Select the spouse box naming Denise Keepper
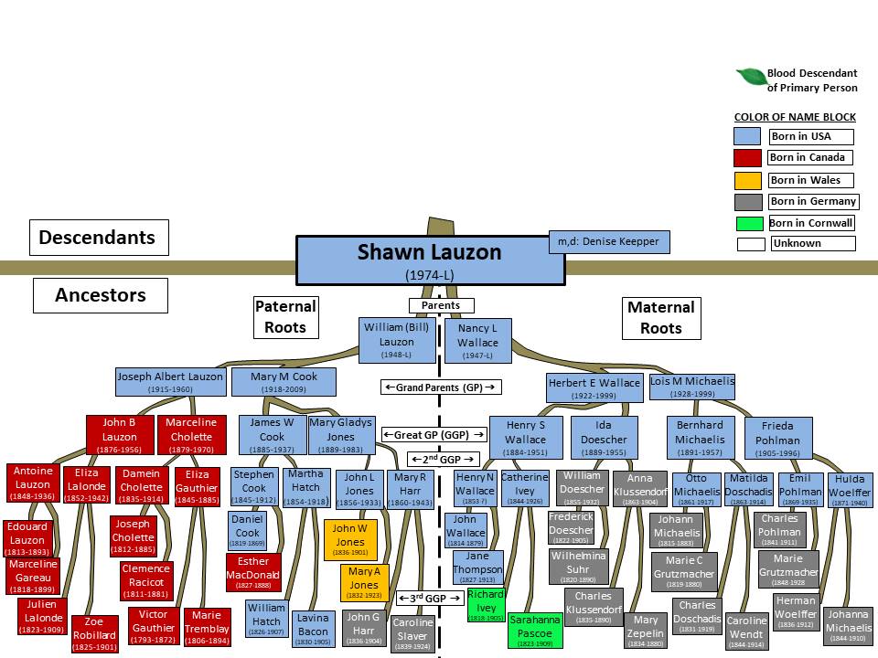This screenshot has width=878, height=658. click(609, 242)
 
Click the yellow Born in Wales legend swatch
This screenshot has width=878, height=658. click(747, 180)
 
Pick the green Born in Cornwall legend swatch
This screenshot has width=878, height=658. click(747, 223)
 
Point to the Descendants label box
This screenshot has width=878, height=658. click(98, 239)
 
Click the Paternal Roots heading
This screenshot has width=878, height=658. click(285, 317)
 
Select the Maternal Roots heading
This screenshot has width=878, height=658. click(660, 317)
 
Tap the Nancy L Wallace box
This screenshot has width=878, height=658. click(478, 340)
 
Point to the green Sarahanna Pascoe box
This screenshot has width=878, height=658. click(535, 631)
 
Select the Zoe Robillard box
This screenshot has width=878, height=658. click(94, 634)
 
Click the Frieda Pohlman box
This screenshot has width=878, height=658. click(777, 439)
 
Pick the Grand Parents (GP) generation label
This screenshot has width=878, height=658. click(441, 387)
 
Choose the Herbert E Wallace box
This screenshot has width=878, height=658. click(594, 387)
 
